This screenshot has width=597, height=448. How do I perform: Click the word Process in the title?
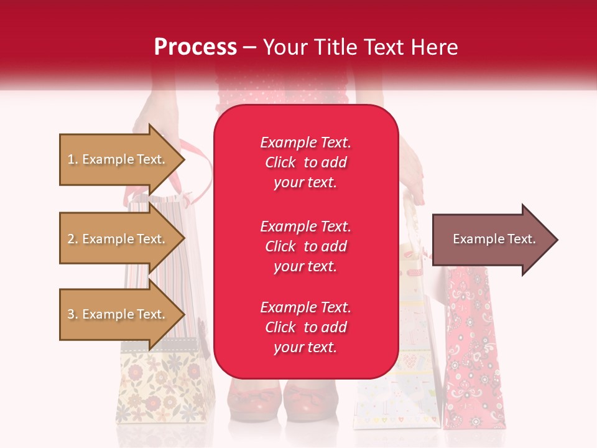click(x=195, y=47)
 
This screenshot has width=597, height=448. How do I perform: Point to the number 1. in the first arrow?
click(x=73, y=159)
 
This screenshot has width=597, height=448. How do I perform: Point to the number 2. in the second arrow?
click(x=73, y=239)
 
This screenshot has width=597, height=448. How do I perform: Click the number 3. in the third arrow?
click(x=73, y=314)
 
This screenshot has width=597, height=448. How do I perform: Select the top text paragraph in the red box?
click(x=305, y=162)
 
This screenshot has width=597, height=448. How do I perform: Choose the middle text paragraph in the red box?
click(x=305, y=246)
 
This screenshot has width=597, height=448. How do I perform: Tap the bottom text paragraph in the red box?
click(x=305, y=327)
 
